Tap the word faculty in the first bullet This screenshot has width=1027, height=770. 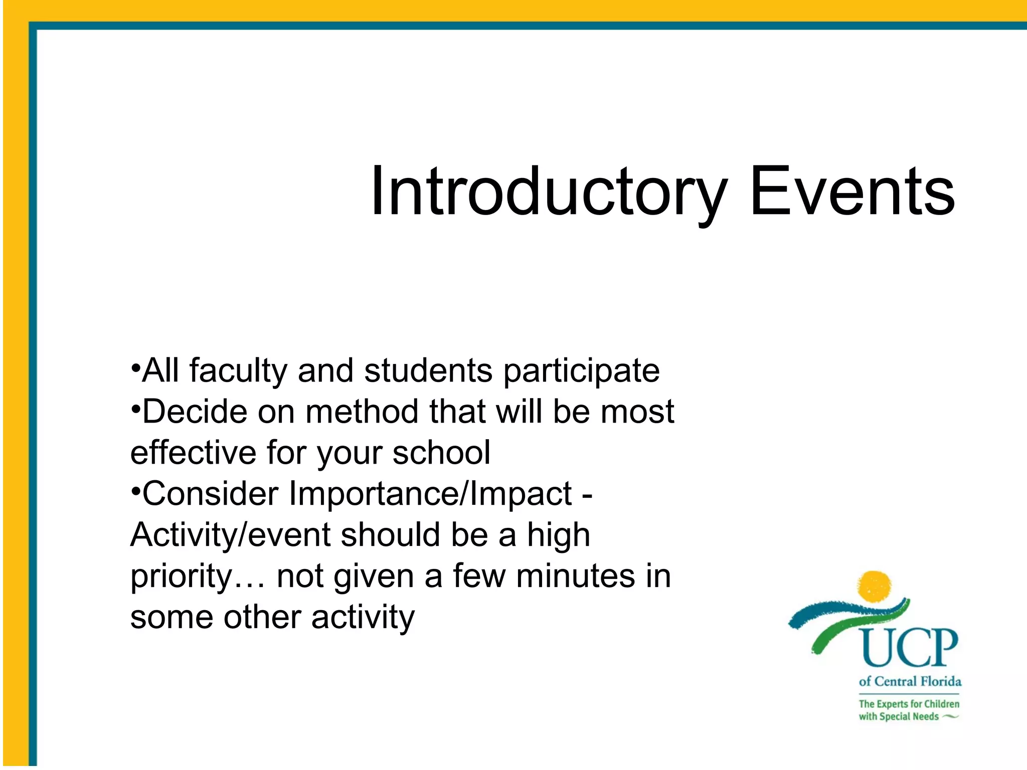[x=238, y=371]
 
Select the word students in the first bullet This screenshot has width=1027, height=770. [x=428, y=370]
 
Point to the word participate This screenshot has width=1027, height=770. [x=581, y=371]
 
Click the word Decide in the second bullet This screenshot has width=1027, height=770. [x=195, y=412]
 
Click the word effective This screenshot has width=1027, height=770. [x=194, y=453]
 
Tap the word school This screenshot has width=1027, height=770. [x=441, y=453]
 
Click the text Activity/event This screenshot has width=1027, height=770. [x=230, y=535]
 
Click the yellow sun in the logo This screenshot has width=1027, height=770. [x=875, y=586]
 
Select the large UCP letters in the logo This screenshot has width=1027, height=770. [x=910, y=648]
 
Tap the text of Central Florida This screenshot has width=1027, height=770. [x=910, y=681]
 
